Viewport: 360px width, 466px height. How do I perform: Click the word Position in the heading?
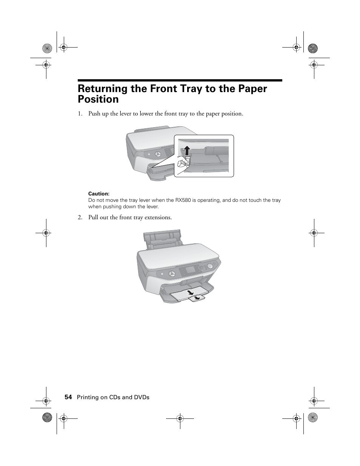[98, 100]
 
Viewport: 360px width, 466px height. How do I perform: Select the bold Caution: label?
[99, 194]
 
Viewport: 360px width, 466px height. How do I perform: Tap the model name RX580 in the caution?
[183, 200]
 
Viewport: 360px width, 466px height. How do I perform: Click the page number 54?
[68, 397]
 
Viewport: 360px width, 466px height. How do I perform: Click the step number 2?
[80, 217]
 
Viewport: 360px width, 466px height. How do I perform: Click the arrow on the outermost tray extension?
[197, 298]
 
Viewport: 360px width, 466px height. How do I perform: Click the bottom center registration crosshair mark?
[180, 418]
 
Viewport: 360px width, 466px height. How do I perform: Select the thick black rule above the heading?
[180, 80]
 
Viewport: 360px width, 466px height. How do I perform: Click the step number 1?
[80, 114]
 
